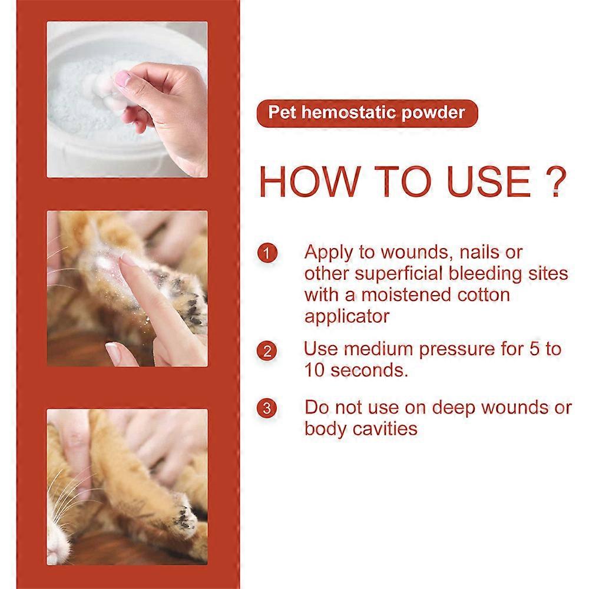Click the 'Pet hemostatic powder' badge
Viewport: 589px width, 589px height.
(366, 112)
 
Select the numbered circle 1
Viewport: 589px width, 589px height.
(267, 254)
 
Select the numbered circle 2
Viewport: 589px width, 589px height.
(267, 352)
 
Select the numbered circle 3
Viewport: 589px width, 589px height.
(267, 408)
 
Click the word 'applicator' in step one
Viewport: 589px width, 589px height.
(347, 316)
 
